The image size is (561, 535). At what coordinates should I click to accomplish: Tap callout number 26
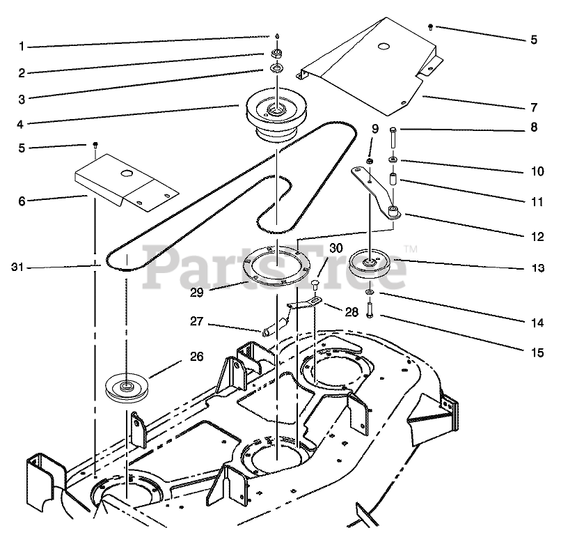(x=197, y=356)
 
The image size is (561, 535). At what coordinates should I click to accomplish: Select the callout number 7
(x=533, y=108)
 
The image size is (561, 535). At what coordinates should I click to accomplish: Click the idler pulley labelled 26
(x=126, y=387)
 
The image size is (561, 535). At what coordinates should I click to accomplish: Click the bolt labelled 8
(x=393, y=140)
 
